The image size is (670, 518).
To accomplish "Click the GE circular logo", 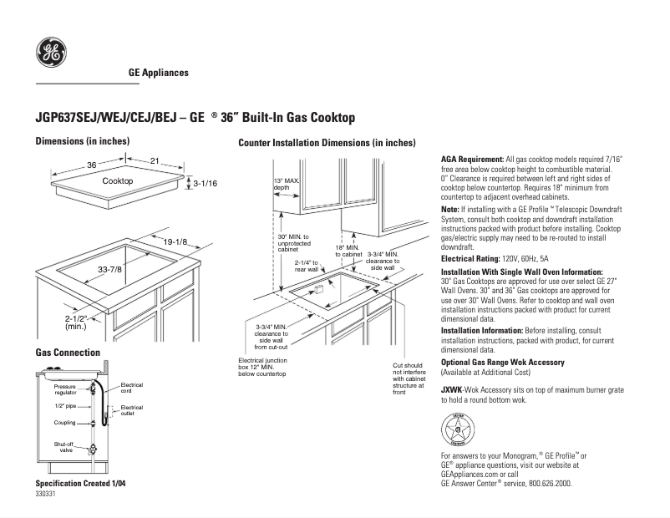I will tap(50, 53).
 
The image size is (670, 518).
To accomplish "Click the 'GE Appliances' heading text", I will tap(158, 73).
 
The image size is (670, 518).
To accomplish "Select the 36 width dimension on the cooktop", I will tap(91, 165).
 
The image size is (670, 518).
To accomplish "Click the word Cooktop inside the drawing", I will tap(118, 181).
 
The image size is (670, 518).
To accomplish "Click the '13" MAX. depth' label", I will tap(287, 184).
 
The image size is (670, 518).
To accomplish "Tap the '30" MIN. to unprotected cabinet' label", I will tap(293, 243).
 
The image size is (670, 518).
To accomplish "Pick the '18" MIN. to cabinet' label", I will tap(348, 251).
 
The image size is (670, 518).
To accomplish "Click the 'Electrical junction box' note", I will tap(262, 368).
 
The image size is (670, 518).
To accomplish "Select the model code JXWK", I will tap(452, 390).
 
